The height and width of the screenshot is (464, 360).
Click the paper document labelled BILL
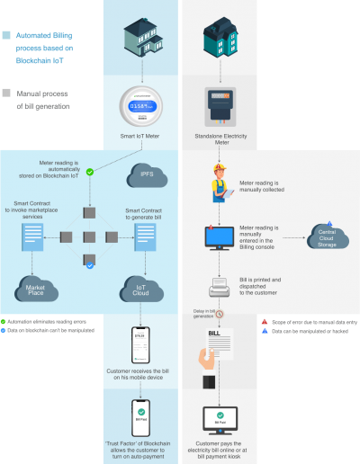(216, 346)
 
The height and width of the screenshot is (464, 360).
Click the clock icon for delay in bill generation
(219, 314)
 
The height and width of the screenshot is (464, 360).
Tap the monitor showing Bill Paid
(219, 420)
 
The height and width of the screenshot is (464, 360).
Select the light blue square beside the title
(6, 36)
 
